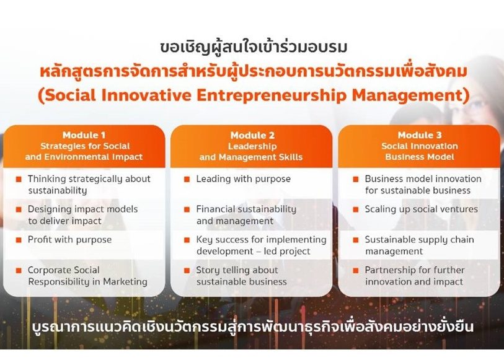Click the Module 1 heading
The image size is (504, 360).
point(84,135)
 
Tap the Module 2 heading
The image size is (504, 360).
point(252,135)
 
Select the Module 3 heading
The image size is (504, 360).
point(420,135)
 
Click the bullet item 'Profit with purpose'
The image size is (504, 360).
point(70,240)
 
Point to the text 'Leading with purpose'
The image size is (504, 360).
point(244,179)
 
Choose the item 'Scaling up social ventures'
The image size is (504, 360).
point(421,209)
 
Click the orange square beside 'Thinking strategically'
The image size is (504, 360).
point(19,179)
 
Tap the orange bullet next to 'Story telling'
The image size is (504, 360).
point(187,271)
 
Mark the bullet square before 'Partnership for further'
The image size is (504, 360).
point(355,271)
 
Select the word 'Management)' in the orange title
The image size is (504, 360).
point(411,95)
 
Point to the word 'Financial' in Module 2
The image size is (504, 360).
point(216,209)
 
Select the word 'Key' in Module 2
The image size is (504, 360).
point(205,240)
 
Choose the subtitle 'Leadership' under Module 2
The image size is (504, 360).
point(252,146)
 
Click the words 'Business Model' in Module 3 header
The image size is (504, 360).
point(420,157)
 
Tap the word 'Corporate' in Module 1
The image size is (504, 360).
point(47,270)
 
